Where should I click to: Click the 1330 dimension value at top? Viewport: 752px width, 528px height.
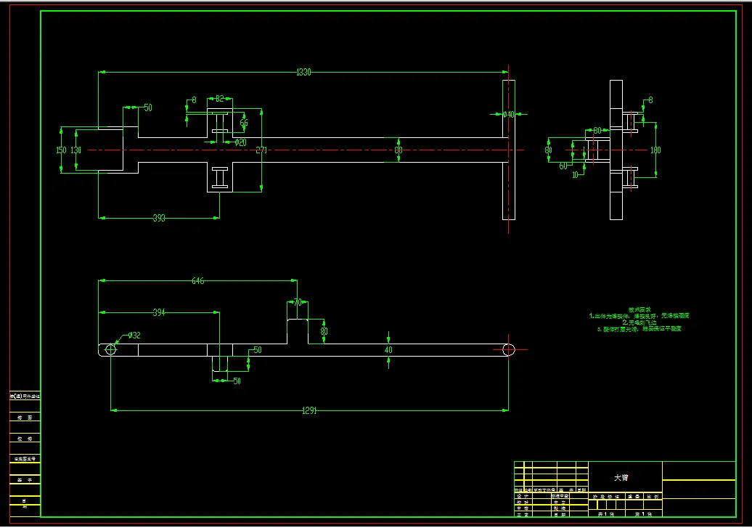pyautogui.click(x=303, y=72)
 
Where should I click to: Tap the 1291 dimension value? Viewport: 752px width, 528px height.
pyautogui.click(x=309, y=410)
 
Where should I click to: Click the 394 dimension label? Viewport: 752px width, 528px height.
pyautogui.click(x=158, y=312)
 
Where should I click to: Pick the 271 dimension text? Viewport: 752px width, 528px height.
pyautogui.click(x=261, y=150)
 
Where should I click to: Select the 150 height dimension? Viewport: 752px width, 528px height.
pyautogui.click(x=61, y=150)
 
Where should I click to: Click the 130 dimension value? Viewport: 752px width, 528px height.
pyautogui.click(x=75, y=150)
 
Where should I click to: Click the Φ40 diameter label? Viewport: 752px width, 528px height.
pyautogui.click(x=508, y=115)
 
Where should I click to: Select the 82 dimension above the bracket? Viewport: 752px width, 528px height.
pyautogui.click(x=219, y=99)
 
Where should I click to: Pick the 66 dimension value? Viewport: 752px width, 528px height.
pyautogui.click(x=244, y=123)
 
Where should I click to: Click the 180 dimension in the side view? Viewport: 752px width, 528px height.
pyautogui.click(x=655, y=150)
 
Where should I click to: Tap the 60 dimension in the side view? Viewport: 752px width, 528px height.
pyautogui.click(x=563, y=165)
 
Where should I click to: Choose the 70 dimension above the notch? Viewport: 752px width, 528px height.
pyautogui.click(x=298, y=302)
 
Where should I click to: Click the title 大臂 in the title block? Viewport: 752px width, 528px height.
pyautogui.click(x=621, y=478)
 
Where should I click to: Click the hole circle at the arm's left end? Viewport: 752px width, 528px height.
pyautogui.click(x=110, y=349)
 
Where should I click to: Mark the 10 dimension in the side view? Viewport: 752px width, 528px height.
pyautogui.click(x=575, y=174)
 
